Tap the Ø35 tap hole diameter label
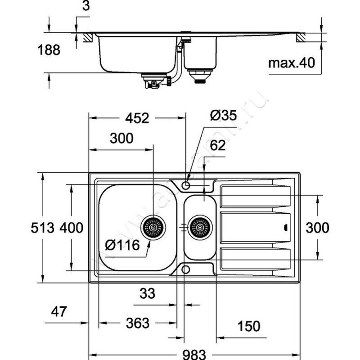[223, 116]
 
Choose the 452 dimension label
[137, 118]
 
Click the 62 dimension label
[217, 145]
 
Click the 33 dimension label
[147, 293]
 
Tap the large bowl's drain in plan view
[153, 227]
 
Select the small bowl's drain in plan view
[200, 227]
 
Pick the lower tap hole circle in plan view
[186, 270]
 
